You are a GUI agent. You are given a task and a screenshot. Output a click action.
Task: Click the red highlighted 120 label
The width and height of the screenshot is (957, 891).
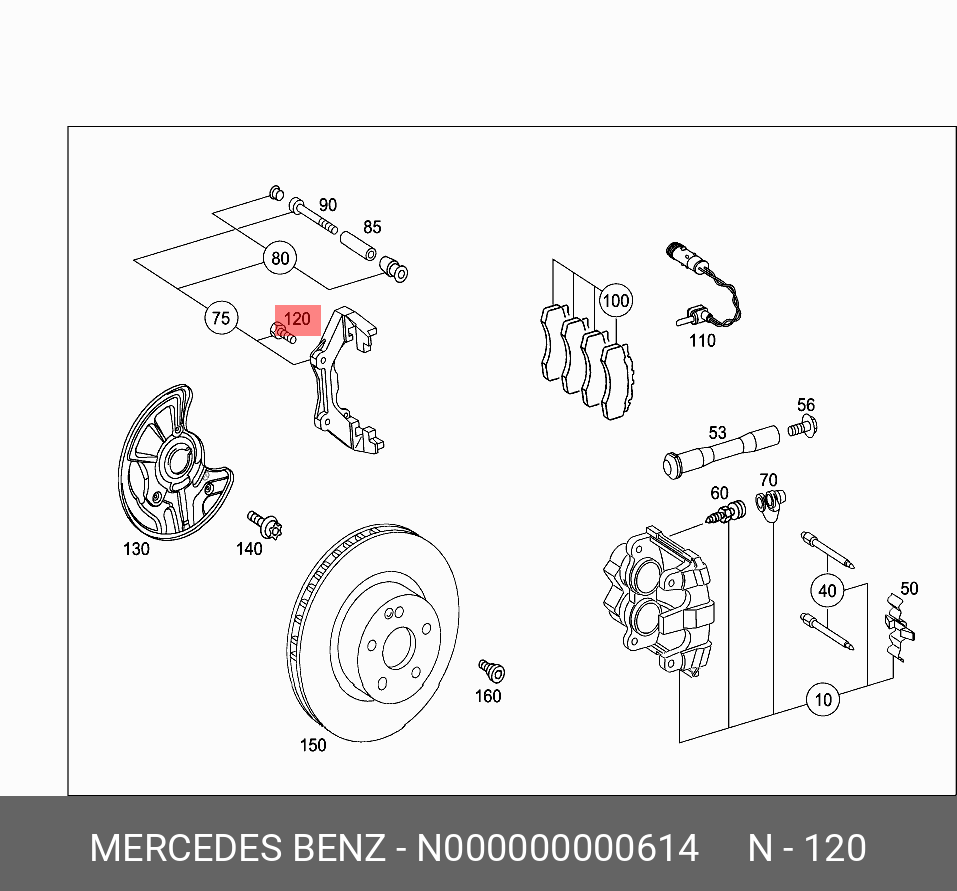(x=297, y=321)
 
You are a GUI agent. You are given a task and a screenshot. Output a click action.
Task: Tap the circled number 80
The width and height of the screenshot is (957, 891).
(x=280, y=259)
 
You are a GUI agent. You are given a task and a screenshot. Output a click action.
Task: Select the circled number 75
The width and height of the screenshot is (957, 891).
(x=221, y=319)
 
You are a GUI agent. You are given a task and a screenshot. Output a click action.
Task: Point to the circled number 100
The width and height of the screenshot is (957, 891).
(x=616, y=300)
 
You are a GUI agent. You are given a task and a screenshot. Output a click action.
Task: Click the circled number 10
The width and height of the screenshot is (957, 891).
(x=823, y=699)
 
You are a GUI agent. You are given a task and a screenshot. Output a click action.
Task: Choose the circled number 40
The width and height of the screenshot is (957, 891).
(x=827, y=590)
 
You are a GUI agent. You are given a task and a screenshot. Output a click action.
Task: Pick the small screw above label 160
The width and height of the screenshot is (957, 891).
(x=490, y=670)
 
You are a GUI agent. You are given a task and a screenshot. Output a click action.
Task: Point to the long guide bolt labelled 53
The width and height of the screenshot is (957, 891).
(x=720, y=450)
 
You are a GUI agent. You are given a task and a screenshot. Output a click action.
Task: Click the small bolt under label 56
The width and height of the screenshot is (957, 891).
(x=801, y=429)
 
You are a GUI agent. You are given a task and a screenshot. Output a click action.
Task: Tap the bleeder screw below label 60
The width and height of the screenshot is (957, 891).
(x=726, y=513)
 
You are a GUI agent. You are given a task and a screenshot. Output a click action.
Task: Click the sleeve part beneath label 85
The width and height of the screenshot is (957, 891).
(x=358, y=244)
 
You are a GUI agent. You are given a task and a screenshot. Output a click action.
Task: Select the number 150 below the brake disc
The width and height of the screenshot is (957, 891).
(x=313, y=745)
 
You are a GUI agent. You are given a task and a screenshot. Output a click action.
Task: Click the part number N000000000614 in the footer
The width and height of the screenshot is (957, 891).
(x=557, y=848)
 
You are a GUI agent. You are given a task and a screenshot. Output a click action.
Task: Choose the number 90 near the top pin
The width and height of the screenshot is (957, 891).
(x=327, y=205)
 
